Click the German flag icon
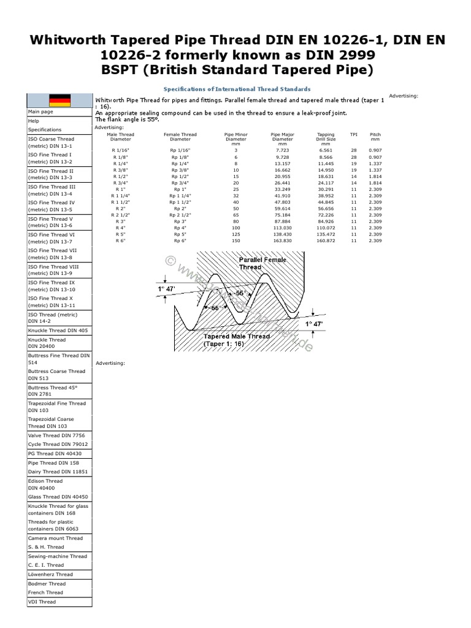pos(59,100)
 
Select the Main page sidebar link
pos(40,112)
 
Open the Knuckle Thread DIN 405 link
pos(58,330)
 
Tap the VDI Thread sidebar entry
pos(42,602)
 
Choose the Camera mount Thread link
pos(55,538)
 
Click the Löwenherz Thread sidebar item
pos(50,575)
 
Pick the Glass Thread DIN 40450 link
pos(58,497)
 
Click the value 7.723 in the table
pos(282,150)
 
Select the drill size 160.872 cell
pos(326,241)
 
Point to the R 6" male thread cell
pos(120,241)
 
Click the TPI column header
pos(353,134)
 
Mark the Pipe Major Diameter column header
pos(282,138)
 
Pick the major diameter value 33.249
pos(282,189)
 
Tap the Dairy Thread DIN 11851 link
pos(58,472)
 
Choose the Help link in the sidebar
pos(33,121)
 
